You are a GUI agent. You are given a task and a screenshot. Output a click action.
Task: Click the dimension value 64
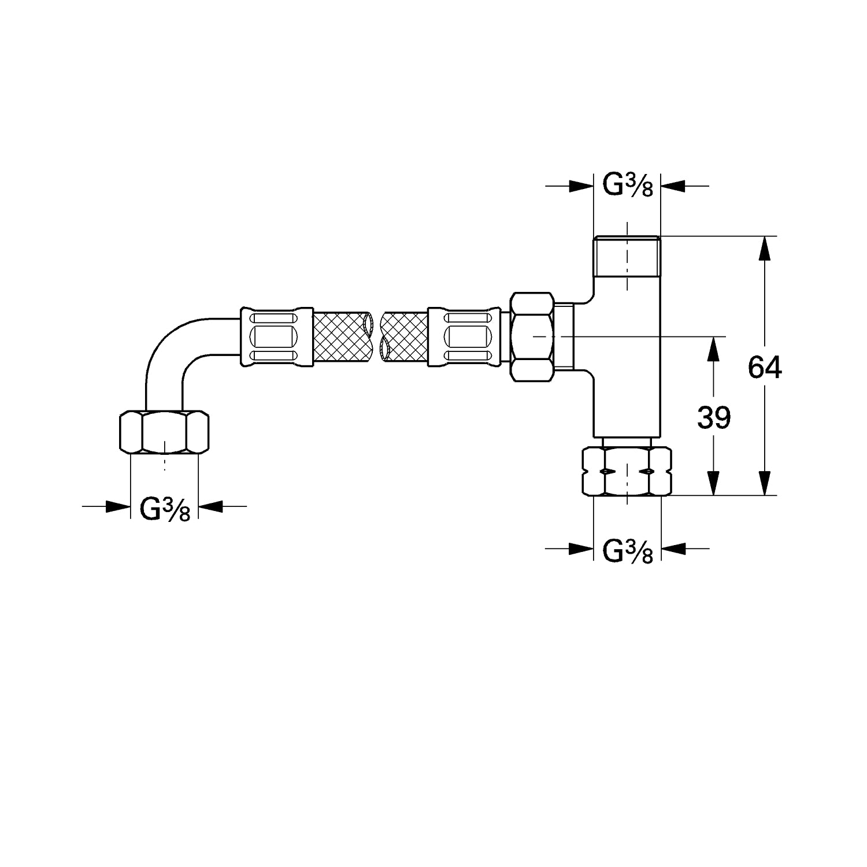[x=765, y=367]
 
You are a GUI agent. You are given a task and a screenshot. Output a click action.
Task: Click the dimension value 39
[x=714, y=417]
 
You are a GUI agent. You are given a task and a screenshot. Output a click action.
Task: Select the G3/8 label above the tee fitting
[x=628, y=186]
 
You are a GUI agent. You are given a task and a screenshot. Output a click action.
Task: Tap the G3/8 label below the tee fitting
[x=628, y=551]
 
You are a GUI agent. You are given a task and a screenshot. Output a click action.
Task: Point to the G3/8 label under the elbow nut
[x=165, y=509]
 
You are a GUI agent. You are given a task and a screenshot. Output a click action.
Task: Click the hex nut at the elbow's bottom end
[x=164, y=432]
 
